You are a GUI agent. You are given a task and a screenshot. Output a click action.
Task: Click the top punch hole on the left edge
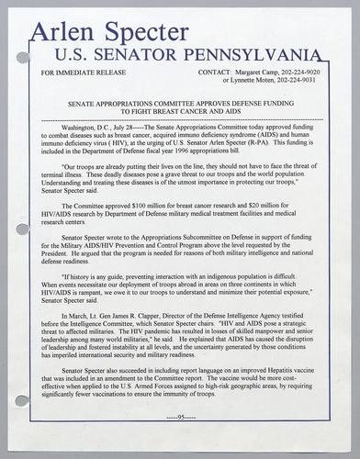(x=23, y=57)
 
